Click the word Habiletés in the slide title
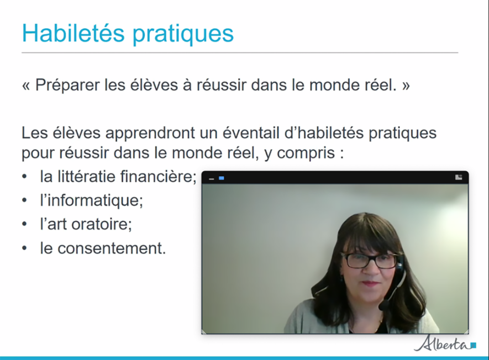click(x=73, y=33)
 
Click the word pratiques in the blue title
click(x=183, y=35)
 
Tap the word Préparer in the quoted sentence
click(x=67, y=86)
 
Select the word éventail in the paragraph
click(x=251, y=133)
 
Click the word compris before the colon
click(x=306, y=153)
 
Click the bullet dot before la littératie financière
click(x=24, y=177)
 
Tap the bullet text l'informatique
click(x=91, y=200)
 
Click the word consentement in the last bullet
click(x=112, y=248)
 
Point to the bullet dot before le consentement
click(x=24, y=248)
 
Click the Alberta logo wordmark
click(x=442, y=343)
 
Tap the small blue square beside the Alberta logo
click(x=474, y=345)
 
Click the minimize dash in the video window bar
click(x=212, y=179)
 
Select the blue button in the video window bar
click(x=222, y=178)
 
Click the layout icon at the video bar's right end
click(x=459, y=177)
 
